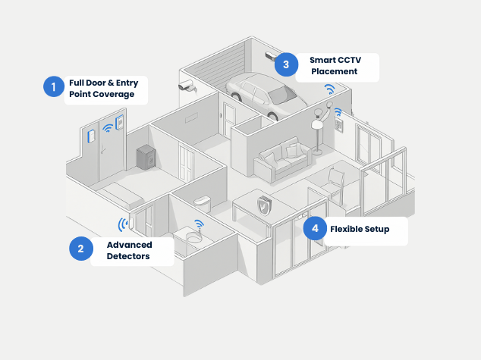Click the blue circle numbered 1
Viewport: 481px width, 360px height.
(x=53, y=87)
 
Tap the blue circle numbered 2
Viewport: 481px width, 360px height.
(x=80, y=249)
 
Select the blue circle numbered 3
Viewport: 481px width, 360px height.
(x=286, y=64)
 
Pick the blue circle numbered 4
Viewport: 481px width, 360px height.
(x=315, y=228)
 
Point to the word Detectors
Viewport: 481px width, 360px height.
(x=128, y=256)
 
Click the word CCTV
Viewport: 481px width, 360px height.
(x=354, y=59)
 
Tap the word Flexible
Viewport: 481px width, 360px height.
(x=347, y=228)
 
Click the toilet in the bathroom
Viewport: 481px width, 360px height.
(x=202, y=204)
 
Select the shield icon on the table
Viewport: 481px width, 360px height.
(x=263, y=205)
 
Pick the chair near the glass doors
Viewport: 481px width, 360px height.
(x=333, y=181)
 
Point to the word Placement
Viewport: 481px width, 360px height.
(x=334, y=72)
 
